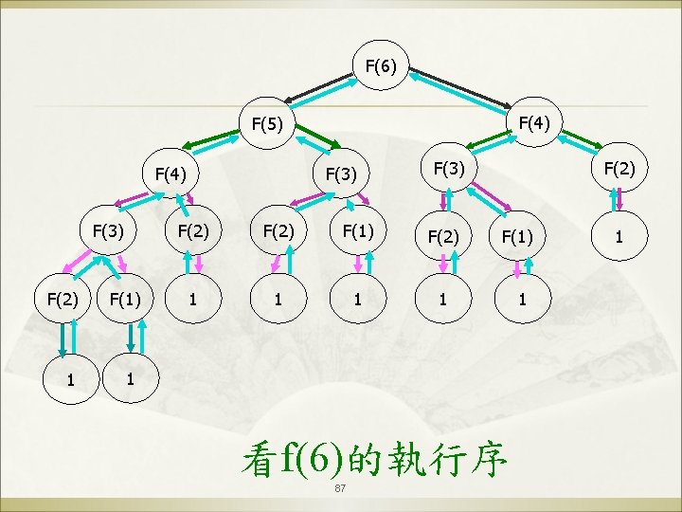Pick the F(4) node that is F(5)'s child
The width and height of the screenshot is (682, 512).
click(x=170, y=174)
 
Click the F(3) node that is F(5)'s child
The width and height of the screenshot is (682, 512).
click(x=340, y=174)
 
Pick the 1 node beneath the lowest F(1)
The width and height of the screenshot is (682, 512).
click(x=130, y=376)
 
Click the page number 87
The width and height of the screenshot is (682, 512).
click(x=341, y=488)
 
